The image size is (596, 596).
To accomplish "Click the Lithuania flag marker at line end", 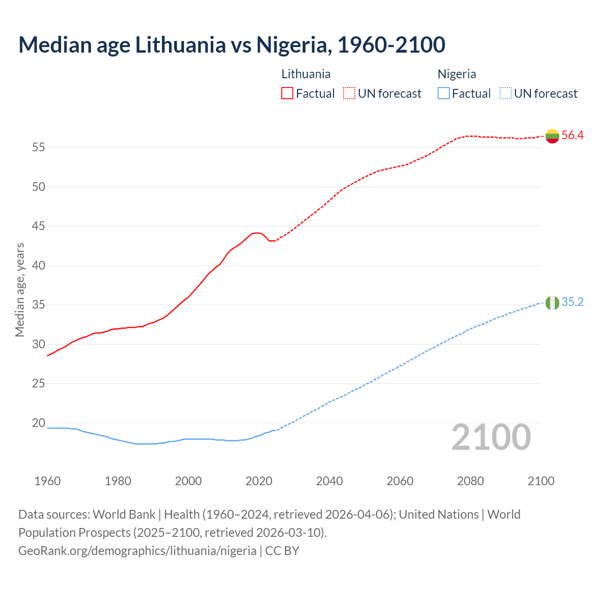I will pos(552,136).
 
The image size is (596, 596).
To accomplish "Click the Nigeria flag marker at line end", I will pos(552,303).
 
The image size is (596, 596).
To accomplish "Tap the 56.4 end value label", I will pos(572,135).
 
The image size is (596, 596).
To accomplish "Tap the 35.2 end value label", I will pos(572,302).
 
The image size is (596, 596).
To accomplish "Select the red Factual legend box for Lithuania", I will pos(287,94).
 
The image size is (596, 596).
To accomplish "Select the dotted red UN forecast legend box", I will pos(349,94).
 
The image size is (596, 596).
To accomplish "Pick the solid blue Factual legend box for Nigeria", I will pos(444,94).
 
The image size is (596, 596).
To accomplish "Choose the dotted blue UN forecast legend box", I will pos(505,94).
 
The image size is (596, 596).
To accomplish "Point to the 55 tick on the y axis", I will pos(39,148).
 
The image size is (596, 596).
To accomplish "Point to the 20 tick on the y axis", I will pos(39,423).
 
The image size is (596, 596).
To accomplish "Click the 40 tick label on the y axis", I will pos(39,266).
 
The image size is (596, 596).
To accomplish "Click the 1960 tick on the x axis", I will pos(47,481).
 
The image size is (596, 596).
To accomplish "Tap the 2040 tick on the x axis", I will pos(329,481).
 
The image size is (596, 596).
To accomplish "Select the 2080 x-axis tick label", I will pos(470,481).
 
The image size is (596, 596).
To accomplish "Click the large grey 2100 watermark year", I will pos(491,437).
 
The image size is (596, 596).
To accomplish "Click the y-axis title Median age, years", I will pos(20,290).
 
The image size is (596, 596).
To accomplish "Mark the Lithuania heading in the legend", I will pos(306,74).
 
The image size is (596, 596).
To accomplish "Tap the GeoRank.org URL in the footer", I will pos(137,551).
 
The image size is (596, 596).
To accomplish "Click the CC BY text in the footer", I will pos(282,551).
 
